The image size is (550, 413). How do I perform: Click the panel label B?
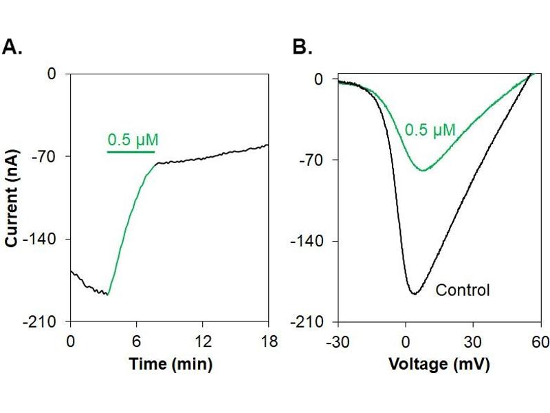(x=302, y=47)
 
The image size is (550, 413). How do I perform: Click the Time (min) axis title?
(x=170, y=363)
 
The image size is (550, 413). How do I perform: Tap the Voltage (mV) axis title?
(x=439, y=363)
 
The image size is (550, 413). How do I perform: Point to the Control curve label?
(x=463, y=290)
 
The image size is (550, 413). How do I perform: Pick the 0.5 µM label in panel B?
(x=430, y=129)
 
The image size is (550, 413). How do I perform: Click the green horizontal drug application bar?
(x=131, y=151)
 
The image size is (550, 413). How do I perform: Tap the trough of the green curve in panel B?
(x=423, y=170)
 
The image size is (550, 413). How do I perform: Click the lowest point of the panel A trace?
(x=107, y=295)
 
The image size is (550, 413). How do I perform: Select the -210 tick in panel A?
(x=47, y=321)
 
